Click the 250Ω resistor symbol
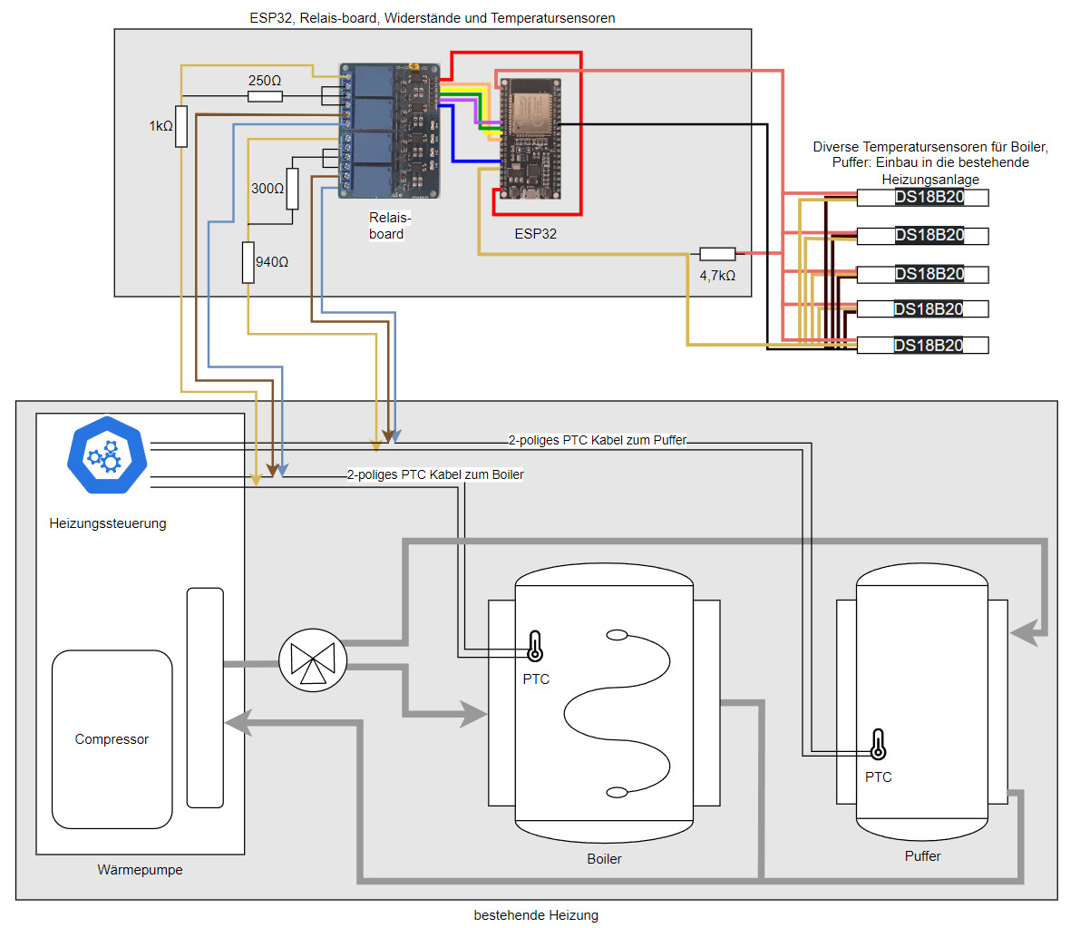[x=265, y=96]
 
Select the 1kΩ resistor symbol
[x=181, y=126]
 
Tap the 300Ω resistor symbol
[x=292, y=189]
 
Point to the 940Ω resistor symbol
[x=248, y=262]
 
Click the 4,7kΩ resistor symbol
[x=717, y=255]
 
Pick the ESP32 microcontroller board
[x=530, y=141]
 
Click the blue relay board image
[x=389, y=131]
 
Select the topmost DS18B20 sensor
[x=922, y=198]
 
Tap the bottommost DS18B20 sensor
[x=922, y=345]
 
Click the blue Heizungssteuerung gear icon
[x=107, y=455]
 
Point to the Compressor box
[x=112, y=738]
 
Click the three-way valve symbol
[x=313, y=660]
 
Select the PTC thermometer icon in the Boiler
[x=535, y=646]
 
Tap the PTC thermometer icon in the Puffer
[x=877, y=744]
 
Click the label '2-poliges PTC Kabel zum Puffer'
[x=598, y=440]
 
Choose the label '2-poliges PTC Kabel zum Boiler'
[x=435, y=474]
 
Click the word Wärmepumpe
[x=140, y=870]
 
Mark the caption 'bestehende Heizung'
[x=536, y=914]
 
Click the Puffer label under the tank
[x=922, y=856]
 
